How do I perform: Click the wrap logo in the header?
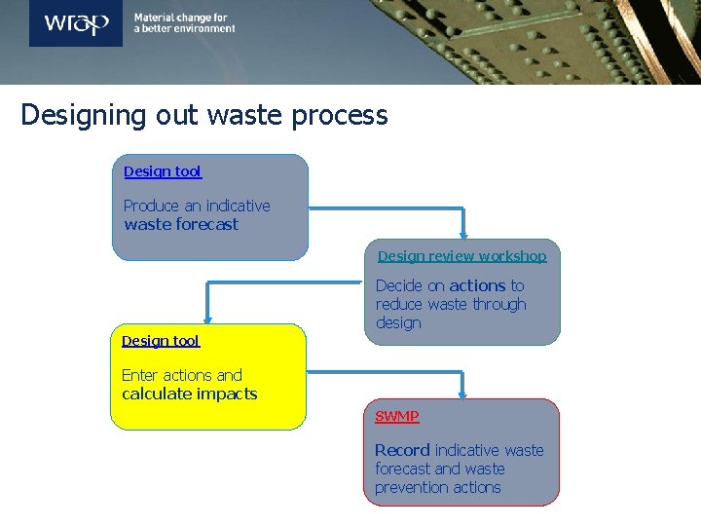(75, 23)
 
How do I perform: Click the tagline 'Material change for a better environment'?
(184, 23)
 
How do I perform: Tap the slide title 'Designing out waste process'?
(204, 115)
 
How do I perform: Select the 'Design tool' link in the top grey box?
(163, 171)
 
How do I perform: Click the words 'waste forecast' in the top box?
(181, 224)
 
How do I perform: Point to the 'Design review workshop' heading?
(461, 256)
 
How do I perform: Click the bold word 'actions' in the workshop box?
(477, 285)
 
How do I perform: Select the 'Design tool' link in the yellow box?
(161, 341)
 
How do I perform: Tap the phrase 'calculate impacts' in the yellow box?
(190, 394)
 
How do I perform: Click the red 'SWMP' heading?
(397, 416)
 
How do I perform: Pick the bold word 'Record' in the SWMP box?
(402, 450)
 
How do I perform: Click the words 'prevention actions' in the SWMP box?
(438, 487)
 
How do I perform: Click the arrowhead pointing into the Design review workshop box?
(463, 234)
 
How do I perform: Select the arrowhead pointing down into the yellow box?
(206, 319)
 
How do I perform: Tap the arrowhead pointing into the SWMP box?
(463, 393)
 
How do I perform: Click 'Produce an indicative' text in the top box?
(197, 206)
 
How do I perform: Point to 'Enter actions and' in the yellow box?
(182, 375)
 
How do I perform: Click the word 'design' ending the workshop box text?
(398, 322)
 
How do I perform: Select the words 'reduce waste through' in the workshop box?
(451, 304)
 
